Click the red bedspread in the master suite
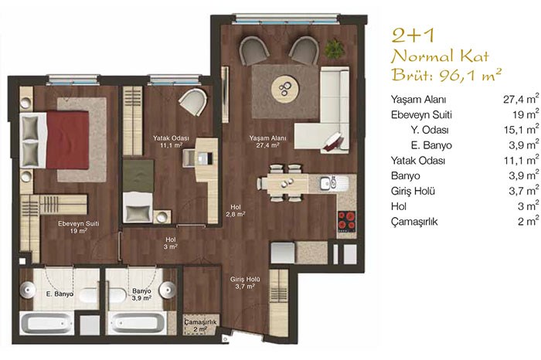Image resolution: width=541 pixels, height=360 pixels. click(68, 140)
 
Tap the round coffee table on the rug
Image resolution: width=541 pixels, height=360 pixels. click(285, 90)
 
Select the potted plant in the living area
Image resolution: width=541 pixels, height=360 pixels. click(334, 49)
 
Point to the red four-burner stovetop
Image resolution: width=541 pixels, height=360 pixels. click(347, 221)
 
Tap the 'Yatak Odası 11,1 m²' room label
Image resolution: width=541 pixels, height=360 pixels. click(171, 141)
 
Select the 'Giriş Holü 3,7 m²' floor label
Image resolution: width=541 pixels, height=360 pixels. click(245, 283)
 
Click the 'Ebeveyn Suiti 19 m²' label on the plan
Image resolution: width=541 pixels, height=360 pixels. click(78, 227)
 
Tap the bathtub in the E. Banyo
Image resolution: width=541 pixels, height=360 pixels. click(46, 324)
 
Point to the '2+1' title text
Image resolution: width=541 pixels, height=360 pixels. click(413, 36)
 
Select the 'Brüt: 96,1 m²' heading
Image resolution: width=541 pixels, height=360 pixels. click(446, 74)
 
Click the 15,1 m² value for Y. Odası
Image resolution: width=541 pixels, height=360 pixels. click(521, 129)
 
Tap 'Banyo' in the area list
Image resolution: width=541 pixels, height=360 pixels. click(406, 175)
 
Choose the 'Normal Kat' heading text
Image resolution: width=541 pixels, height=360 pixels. click(440, 56)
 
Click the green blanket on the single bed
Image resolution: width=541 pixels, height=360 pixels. click(138, 176)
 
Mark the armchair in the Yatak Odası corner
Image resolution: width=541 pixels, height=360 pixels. click(193, 101)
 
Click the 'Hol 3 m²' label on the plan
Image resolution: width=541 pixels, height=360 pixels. click(171, 243)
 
